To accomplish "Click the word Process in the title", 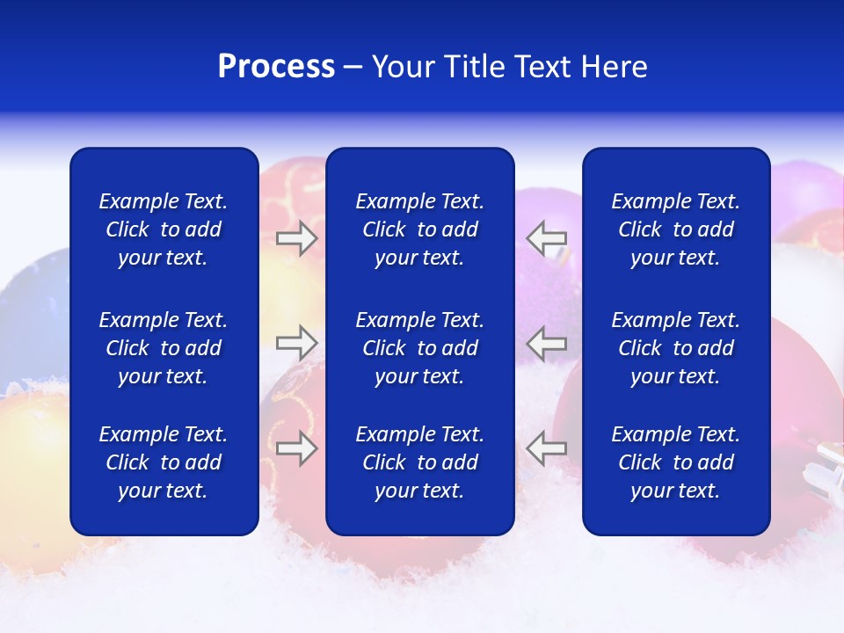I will click(276, 67).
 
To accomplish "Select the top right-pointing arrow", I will click(296, 238).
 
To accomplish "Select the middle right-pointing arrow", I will click(296, 342).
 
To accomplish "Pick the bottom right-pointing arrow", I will click(296, 447).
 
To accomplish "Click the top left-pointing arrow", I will click(547, 238).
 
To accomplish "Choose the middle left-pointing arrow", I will click(547, 342).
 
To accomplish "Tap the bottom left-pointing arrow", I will click(547, 447).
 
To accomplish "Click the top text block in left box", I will click(164, 229).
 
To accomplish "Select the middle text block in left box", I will click(164, 348).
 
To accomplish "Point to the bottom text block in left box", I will click(164, 462).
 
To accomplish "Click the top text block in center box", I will click(420, 229).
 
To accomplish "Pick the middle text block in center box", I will click(420, 348).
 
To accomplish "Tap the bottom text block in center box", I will click(420, 462).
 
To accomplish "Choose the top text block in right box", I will click(676, 229).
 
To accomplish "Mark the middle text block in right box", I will click(676, 348).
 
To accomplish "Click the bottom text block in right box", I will click(676, 462).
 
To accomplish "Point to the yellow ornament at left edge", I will click(31, 448).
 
